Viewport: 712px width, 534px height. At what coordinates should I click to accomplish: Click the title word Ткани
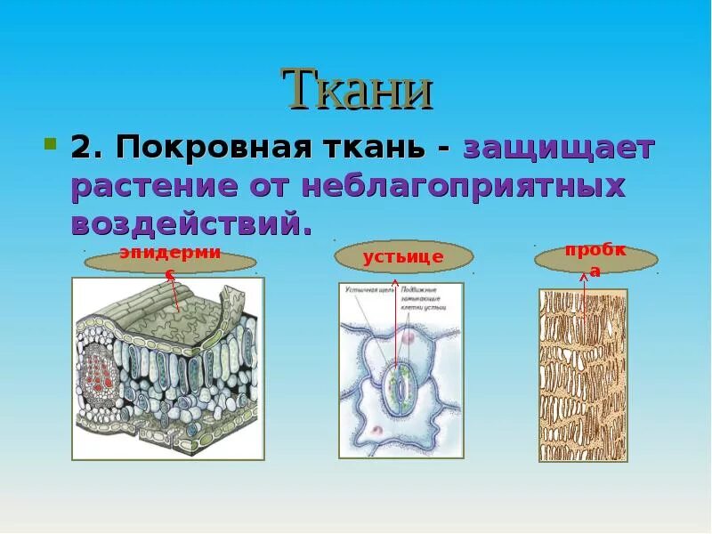pos(358,89)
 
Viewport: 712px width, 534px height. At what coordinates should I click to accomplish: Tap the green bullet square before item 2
pos(51,143)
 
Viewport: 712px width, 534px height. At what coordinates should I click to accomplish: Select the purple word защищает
pos(559,149)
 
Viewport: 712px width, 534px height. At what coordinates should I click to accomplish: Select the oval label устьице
pos(402,258)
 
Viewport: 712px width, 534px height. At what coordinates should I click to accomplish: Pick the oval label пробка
pos(595,259)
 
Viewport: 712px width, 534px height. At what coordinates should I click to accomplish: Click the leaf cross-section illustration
pos(167,368)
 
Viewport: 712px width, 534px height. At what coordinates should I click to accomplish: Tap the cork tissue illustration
pos(583,375)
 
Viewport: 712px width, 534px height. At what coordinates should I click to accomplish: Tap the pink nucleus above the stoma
pos(408,338)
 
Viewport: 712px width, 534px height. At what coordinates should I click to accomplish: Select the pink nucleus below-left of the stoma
pos(376,430)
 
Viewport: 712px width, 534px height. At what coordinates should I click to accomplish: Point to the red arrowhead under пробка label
pos(585,278)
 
